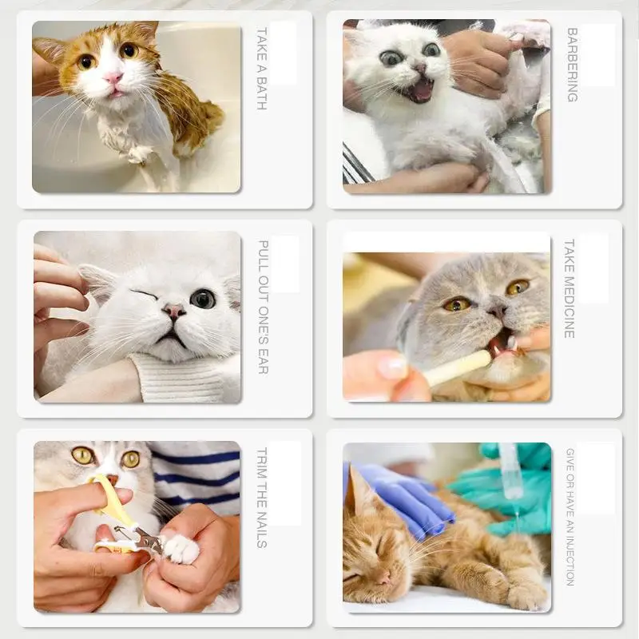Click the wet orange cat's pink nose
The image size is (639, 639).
pos(113,77)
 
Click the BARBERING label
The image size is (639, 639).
pos(572,65)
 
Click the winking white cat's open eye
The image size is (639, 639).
pos(203,299)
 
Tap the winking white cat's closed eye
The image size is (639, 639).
pos(144,294)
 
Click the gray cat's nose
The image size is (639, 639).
pos(498,312)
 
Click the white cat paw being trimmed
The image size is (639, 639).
pos(181,548)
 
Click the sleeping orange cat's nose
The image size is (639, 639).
pos(384,577)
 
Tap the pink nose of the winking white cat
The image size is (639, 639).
pos(174,311)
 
